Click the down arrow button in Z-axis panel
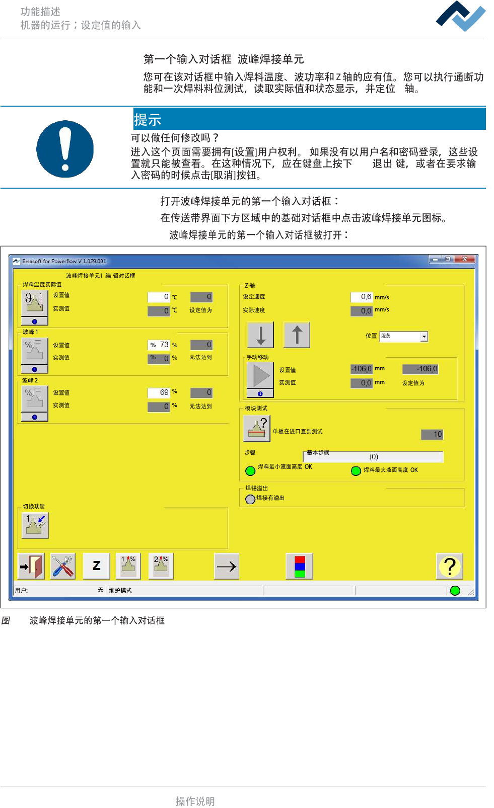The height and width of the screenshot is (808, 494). pyautogui.click(x=260, y=335)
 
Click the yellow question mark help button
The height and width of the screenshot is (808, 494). pyautogui.click(x=449, y=567)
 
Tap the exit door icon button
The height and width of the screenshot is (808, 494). pyautogui.click(x=31, y=567)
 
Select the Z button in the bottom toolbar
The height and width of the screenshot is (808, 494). pyautogui.click(x=96, y=567)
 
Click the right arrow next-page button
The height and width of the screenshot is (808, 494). pyautogui.click(x=226, y=567)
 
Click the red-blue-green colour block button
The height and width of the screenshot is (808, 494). pyautogui.click(x=300, y=567)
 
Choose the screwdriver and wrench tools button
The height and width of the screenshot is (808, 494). pyautogui.click(x=63, y=567)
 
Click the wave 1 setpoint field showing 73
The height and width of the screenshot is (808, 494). pyautogui.click(x=159, y=345)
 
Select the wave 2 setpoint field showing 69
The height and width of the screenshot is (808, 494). pyautogui.click(x=159, y=392)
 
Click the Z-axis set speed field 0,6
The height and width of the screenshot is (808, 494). pyautogui.click(x=362, y=297)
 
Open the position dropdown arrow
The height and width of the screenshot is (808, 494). pyautogui.click(x=425, y=337)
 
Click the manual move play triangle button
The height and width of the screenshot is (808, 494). pyautogui.click(x=260, y=375)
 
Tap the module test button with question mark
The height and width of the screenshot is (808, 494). pyautogui.click(x=257, y=428)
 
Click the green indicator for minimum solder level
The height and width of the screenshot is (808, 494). pyautogui.click(x=250, y=471)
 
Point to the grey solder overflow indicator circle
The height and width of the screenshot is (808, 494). pyautogui.click(x=250, y=499)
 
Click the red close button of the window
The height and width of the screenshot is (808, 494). pyautogui.click(x=464, y=259)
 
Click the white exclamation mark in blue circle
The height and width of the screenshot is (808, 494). pyautogui.click(x=65, y=149)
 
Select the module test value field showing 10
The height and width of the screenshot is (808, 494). pyautogui.click(x=432, y=434)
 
